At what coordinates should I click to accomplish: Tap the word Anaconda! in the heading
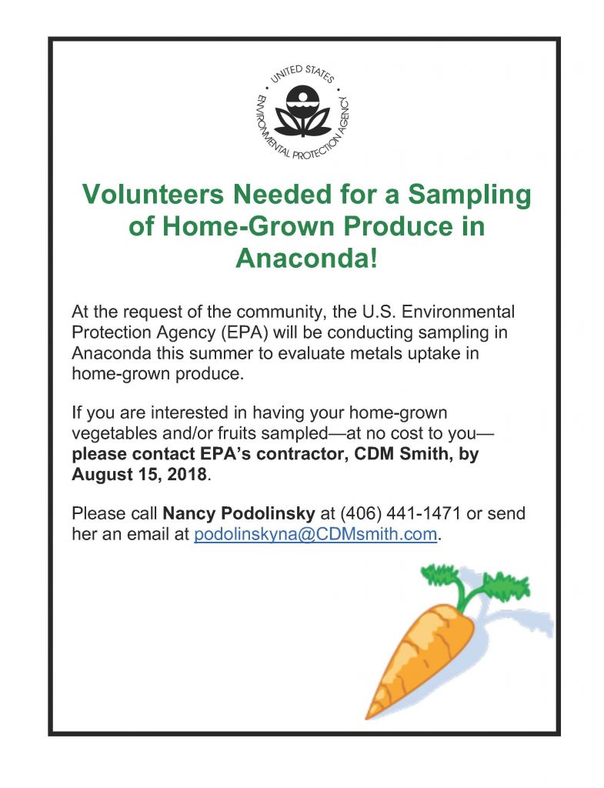pyautogui.click(x=306, y=258)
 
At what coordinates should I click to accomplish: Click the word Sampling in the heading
pyautogui.click(x=469, y=195)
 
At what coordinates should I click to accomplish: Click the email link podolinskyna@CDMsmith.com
pyautogui.click(x=315, y=534)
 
